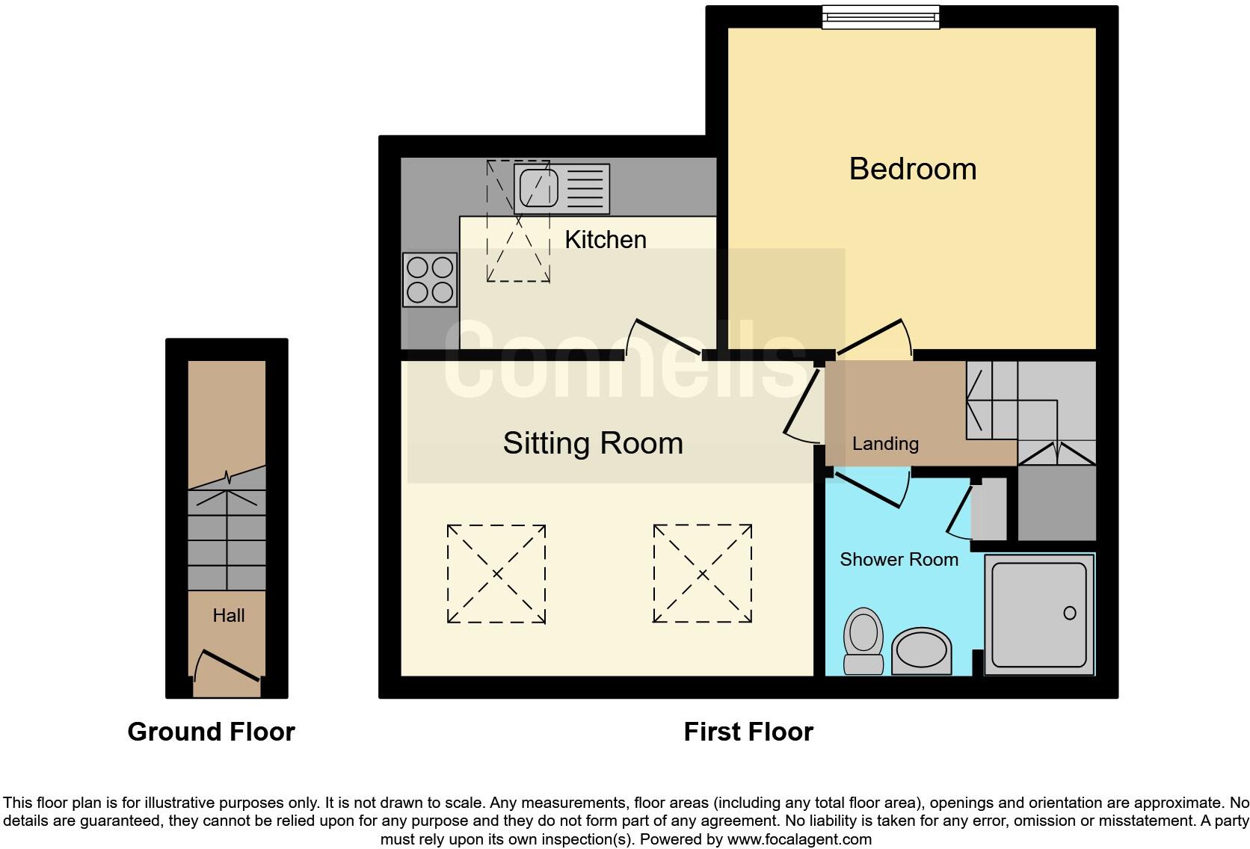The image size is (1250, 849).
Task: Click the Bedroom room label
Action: click(913, 169)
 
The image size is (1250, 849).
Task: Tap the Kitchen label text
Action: click(606, 239)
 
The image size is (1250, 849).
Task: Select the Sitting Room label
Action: click(593, 443)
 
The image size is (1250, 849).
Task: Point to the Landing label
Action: click(885, 443)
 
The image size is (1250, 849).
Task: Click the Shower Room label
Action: click(899, 559)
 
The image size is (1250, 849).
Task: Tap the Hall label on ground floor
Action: click(228, 615)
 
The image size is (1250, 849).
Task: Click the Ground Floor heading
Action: click(212, 731)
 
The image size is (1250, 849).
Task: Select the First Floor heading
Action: click(748, 731)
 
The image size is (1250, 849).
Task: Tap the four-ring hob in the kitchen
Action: click(430, 280)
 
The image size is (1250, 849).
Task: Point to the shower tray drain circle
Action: click(1069, 613)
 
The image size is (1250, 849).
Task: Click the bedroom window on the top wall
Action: click(880, 16)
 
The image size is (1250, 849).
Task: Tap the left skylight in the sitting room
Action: click(496, 573)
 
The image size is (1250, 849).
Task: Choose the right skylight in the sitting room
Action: click(702, 573)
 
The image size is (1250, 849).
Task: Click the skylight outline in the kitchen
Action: click(518, 220)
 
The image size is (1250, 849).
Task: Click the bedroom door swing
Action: click(875, 338)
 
